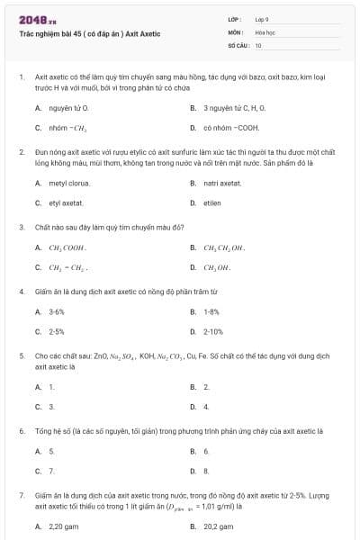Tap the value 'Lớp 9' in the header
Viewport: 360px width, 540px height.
click(262, 18)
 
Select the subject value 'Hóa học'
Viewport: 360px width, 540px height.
click(265, 31)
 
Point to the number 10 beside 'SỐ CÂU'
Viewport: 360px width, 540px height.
click(258, 44)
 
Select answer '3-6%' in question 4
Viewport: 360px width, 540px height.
click(56, 311)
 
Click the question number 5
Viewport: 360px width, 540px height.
click(21, 355)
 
